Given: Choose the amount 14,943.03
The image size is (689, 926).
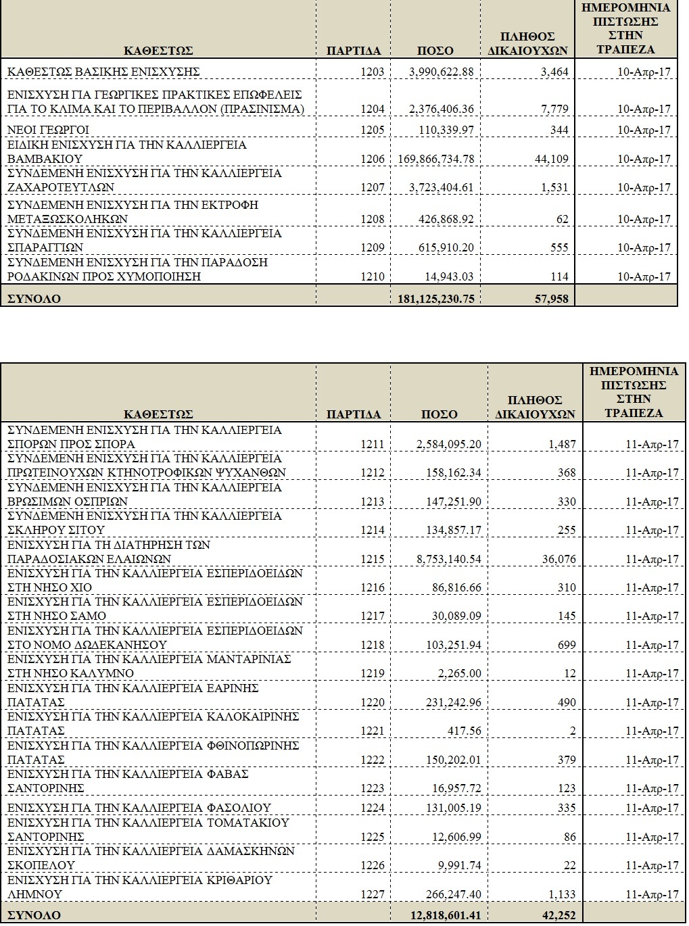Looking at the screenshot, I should coord(449,276).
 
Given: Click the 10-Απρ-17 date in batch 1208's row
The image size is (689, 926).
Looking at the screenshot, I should coord(644,220).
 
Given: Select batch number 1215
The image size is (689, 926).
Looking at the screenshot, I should coord(373,560).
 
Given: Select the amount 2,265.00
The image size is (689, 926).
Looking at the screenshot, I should coord(462,674).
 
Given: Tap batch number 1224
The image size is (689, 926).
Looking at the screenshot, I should coord(373,808).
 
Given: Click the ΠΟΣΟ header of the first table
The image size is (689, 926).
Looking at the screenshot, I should coord(435,51).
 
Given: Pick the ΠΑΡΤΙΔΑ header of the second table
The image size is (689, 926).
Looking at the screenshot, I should coord(354,414).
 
